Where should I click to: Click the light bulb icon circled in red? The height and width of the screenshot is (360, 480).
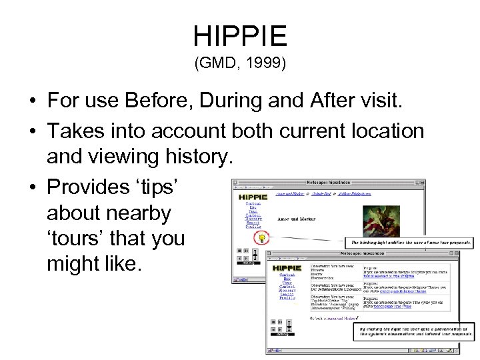pos(263,237)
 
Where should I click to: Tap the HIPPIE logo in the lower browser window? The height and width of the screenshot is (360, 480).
pos(288,268)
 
